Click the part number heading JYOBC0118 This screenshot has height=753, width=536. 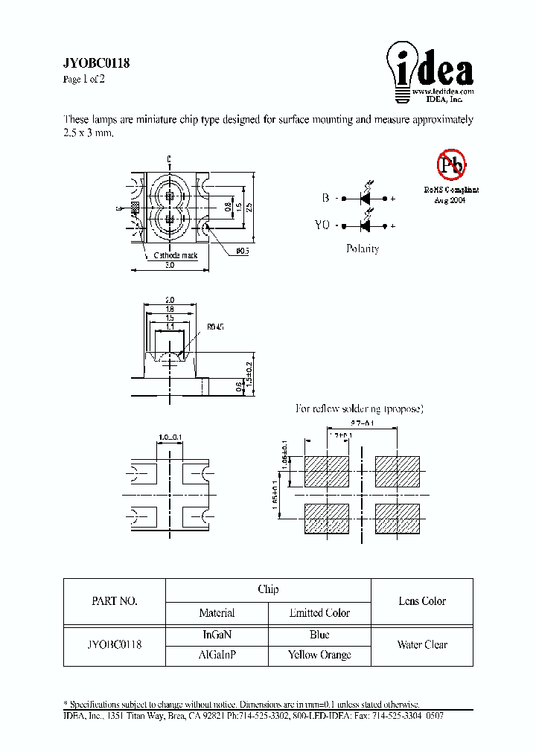pyautogui.click(x=97, y=64)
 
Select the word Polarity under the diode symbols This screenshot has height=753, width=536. pyautogui.click(x=363, y=249)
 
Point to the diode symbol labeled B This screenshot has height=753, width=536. pyautogui.click(x=366, y=199)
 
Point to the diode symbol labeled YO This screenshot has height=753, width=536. pyautogui.click(x=366, y=225)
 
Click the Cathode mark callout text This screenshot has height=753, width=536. pyautogui.click(x=176, y=256)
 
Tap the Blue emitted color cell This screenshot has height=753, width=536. pyautogui.click(x=319, y=635)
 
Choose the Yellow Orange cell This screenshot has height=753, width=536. pyautogui.click(x=319, y=655)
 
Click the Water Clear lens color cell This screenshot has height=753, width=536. pyautogui.click(x=422, y=644)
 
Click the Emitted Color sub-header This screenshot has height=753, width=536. pyautogui.click(x=319, y=613)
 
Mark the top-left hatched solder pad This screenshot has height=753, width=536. pyautogui.click(x=326, y=471)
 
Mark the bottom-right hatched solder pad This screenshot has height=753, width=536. pyautogui.click(x=398, y=519)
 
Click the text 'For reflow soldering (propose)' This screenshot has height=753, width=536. pyautogui.click(x=360, y=408)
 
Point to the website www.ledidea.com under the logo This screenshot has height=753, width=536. pyautogui.click(x=442, y=91)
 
